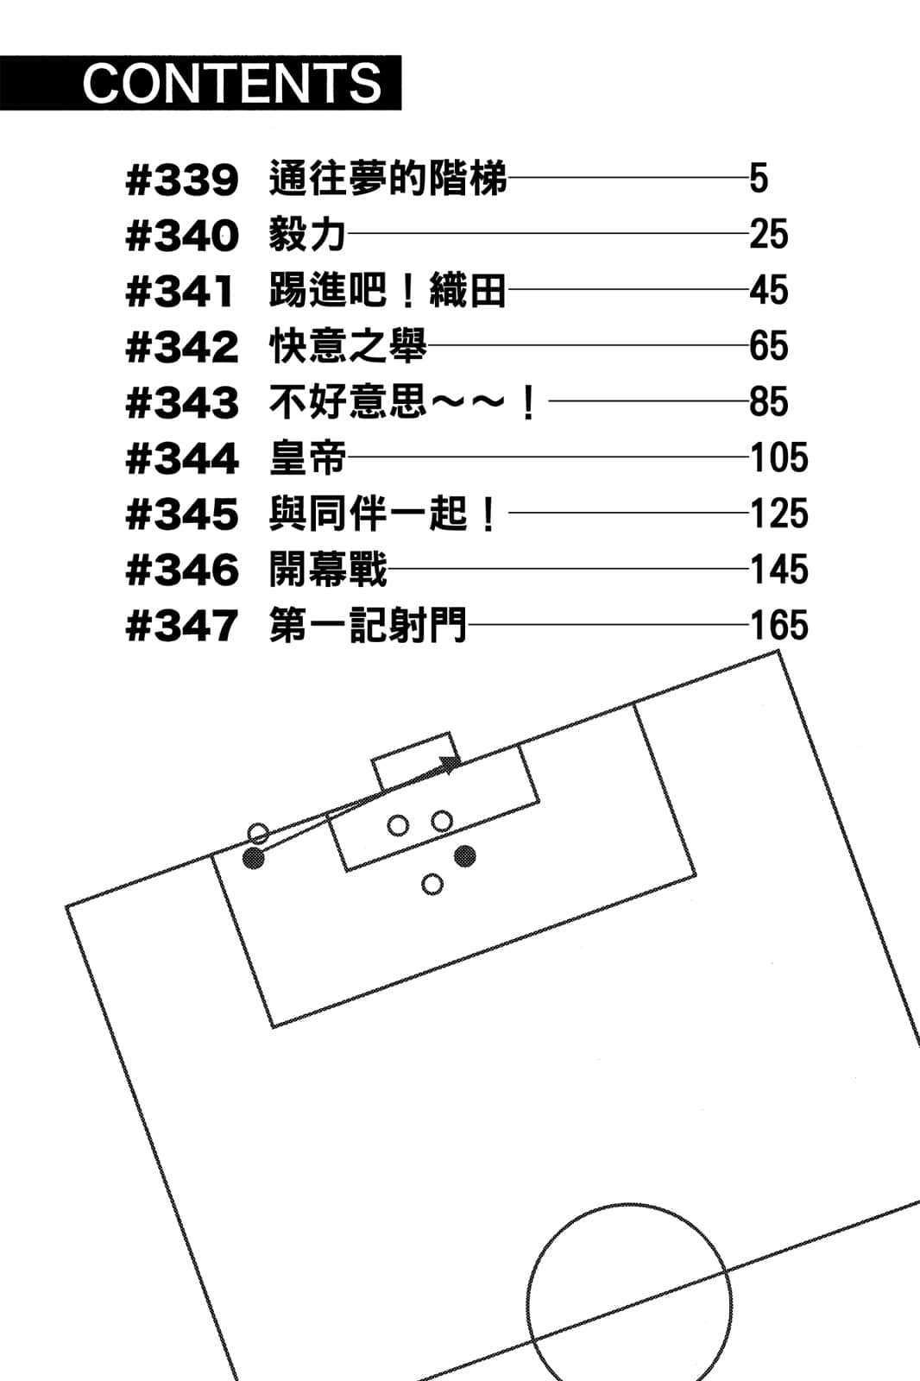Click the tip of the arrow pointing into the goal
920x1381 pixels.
[461, 762]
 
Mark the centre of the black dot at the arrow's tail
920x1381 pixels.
[254, 858]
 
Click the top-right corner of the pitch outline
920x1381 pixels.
[779, 651]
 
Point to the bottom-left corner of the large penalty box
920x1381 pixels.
[274, 1027]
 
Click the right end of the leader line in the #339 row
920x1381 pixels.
[747, 178]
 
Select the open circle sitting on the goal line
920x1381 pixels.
[258, 834]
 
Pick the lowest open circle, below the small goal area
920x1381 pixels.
[432, 884]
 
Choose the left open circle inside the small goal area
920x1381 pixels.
[398, 825]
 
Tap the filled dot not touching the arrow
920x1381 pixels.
[465, 855]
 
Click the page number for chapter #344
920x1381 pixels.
[778, 457]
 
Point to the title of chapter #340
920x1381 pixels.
[306, 234]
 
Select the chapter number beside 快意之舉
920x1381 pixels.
[182, 346]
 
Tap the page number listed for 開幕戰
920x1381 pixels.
[778, 569]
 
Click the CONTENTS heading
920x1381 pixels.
[232, 83]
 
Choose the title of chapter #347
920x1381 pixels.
[368, 625]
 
